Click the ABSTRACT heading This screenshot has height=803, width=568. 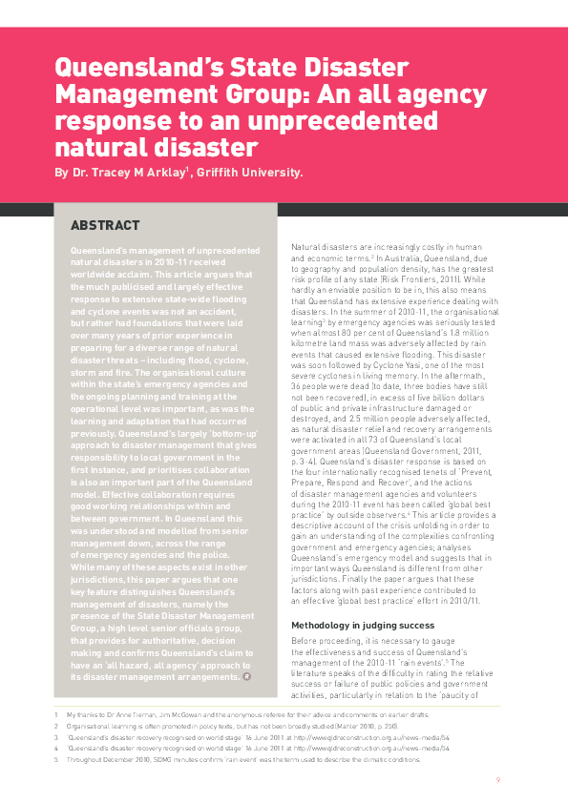coord(106,227)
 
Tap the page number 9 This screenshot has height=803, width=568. coord(498,780)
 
